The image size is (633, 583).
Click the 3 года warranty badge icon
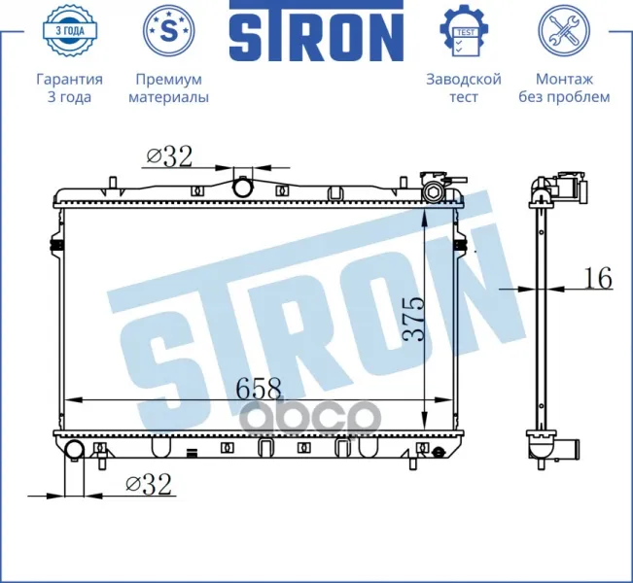point(69,31)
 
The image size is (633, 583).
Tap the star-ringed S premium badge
point(169,31)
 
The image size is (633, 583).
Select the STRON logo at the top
point(317,31)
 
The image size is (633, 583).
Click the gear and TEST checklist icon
point(464,31)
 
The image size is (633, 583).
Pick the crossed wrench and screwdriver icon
point(564,31)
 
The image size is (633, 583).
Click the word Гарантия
point(69,79)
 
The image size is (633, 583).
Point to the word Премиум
point(169,79)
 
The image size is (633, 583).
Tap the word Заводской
point(464,79)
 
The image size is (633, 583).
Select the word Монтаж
point(564,79)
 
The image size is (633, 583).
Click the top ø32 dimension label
point(169,156)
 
